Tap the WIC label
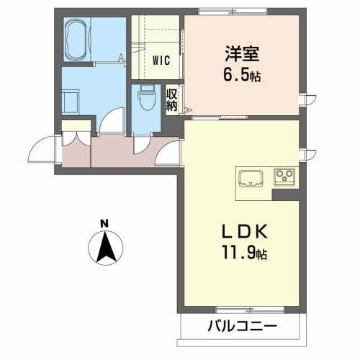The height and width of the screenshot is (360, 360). (161, 61)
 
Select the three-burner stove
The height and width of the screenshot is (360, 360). (284, 175)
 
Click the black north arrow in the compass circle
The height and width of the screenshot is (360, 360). (105, 248)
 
